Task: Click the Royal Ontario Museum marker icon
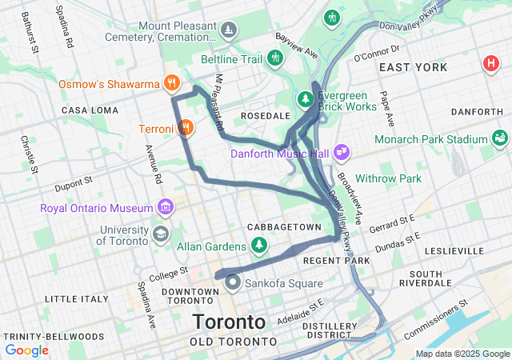[x=166, y=208]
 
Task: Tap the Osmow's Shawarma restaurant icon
[x=171, y=82]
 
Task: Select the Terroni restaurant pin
[x=186, y=128]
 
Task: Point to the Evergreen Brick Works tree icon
[x=305, y=99]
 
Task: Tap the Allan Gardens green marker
[x=258, y=245]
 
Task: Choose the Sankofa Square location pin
[x=233, y=282]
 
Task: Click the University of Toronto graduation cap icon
[x=160, y=234]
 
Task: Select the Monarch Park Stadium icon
[x=501, y=138]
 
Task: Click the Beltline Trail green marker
[x=276, y=58]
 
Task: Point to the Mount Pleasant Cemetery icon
[x=230, y=30]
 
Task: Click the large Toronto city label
[x=228, y=322]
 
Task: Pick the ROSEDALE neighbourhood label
[x=265, y=116]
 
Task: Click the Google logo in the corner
[x=26, y=350]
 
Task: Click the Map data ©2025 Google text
[x=462, y=354]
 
